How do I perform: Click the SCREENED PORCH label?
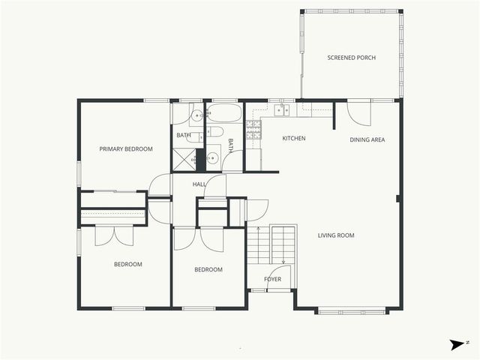coord(351,58)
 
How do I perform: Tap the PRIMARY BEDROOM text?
coord(126,149)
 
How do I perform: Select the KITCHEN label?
coord(293,139)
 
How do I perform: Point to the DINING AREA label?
coord(367,139)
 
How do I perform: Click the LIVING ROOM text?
coord(336,235)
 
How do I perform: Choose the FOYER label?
coord(272,280)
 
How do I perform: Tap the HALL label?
coord(199,184)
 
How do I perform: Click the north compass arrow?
coord(457,344)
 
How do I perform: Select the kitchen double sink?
coord(282,110)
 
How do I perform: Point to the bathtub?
coord(224,113)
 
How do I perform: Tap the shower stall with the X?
coord(183,160)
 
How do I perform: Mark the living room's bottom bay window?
coord(352,310)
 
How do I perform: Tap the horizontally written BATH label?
coord(184,136)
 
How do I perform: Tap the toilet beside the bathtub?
coord(214,133)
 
